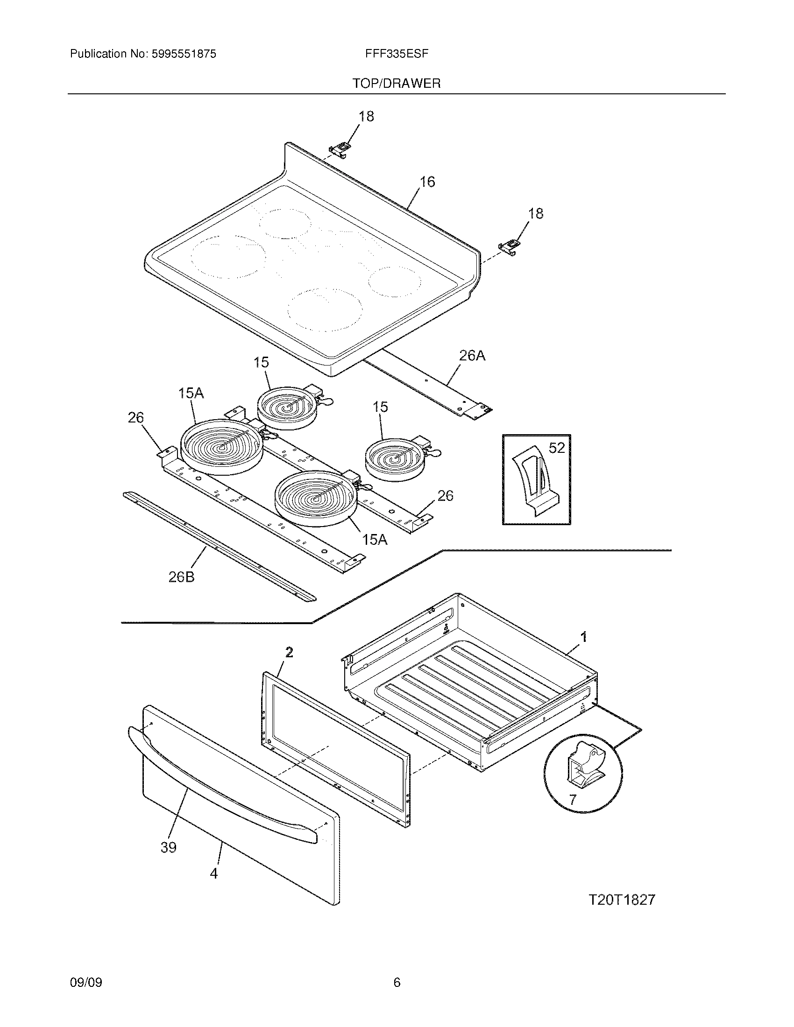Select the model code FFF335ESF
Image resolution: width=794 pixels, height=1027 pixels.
click(x=397, y=54)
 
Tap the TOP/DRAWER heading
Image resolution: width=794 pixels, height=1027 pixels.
click(x=397, y=84)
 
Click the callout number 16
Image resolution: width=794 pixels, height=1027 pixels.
click(x=427, y=182)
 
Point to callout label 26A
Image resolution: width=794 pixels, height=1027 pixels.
click(x=472, y=356)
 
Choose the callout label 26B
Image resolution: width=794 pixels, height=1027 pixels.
click(x=182, y=577)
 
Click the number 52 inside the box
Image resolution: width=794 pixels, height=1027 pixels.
click(x=556, y=448)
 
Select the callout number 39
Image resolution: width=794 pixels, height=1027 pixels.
click(x=169, y=847)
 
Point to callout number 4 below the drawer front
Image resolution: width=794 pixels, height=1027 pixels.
click(x=214, y=874)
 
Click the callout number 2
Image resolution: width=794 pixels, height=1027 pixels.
click(x=289, y=652)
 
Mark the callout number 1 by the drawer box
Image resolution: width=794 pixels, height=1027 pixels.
click(x=584, y=638)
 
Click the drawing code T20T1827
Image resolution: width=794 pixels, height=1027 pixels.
click(x=622, y=900)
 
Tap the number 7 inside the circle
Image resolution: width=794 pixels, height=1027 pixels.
click(x=573, y=799)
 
